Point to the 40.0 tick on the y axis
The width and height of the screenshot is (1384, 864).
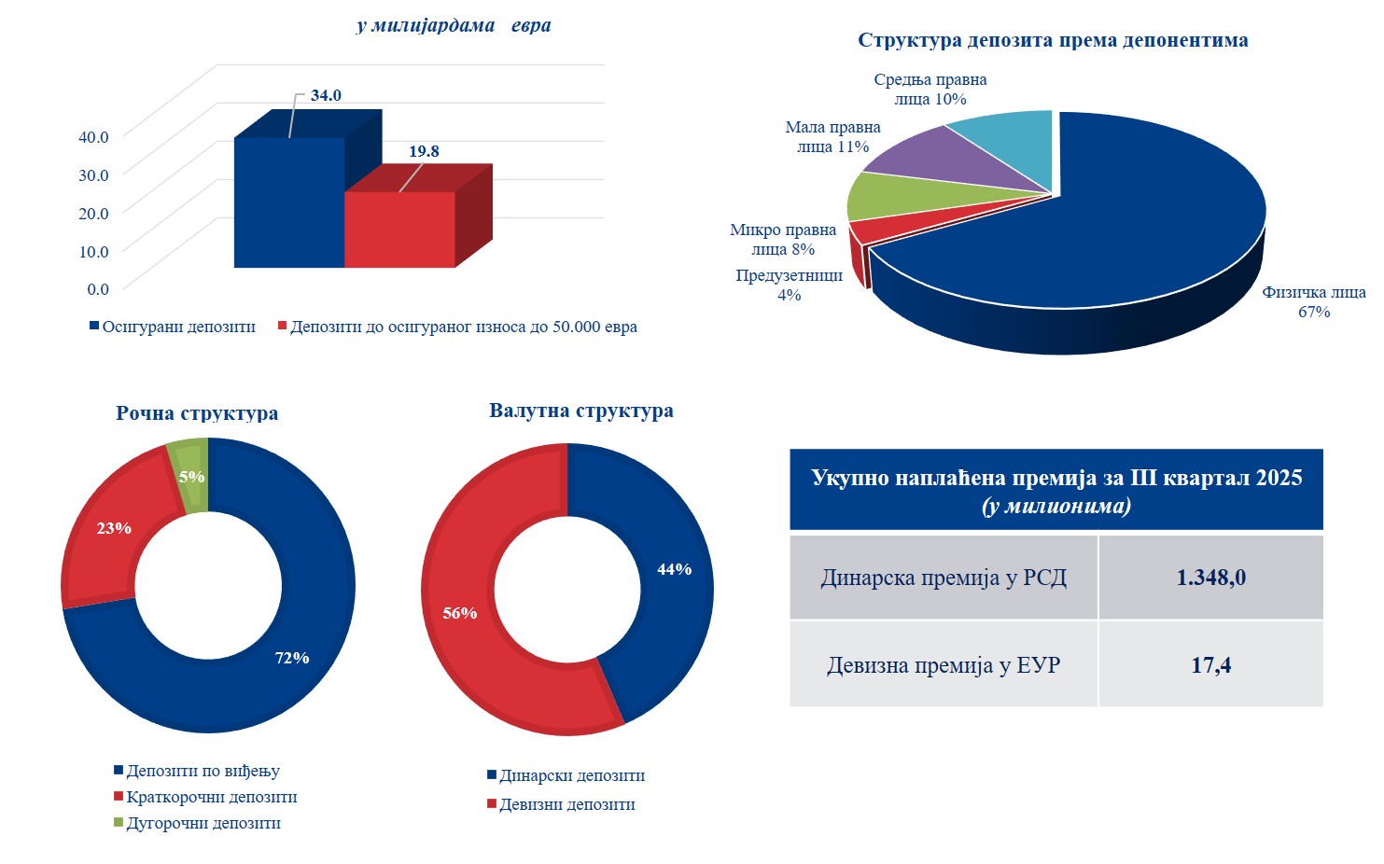93,137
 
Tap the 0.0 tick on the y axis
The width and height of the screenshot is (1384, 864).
98,289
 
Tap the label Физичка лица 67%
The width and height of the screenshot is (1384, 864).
1313,302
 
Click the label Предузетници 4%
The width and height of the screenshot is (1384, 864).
789,286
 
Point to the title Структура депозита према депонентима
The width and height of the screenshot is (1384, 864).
1053,40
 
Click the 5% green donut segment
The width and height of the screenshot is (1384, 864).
190,477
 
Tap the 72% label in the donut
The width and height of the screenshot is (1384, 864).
292,658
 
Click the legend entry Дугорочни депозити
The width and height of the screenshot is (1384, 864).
203,824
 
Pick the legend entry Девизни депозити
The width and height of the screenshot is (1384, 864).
566,805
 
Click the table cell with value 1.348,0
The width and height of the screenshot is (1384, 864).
1210,578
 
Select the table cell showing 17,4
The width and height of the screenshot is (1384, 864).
1210,665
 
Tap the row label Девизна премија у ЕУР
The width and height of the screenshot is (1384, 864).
944,665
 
